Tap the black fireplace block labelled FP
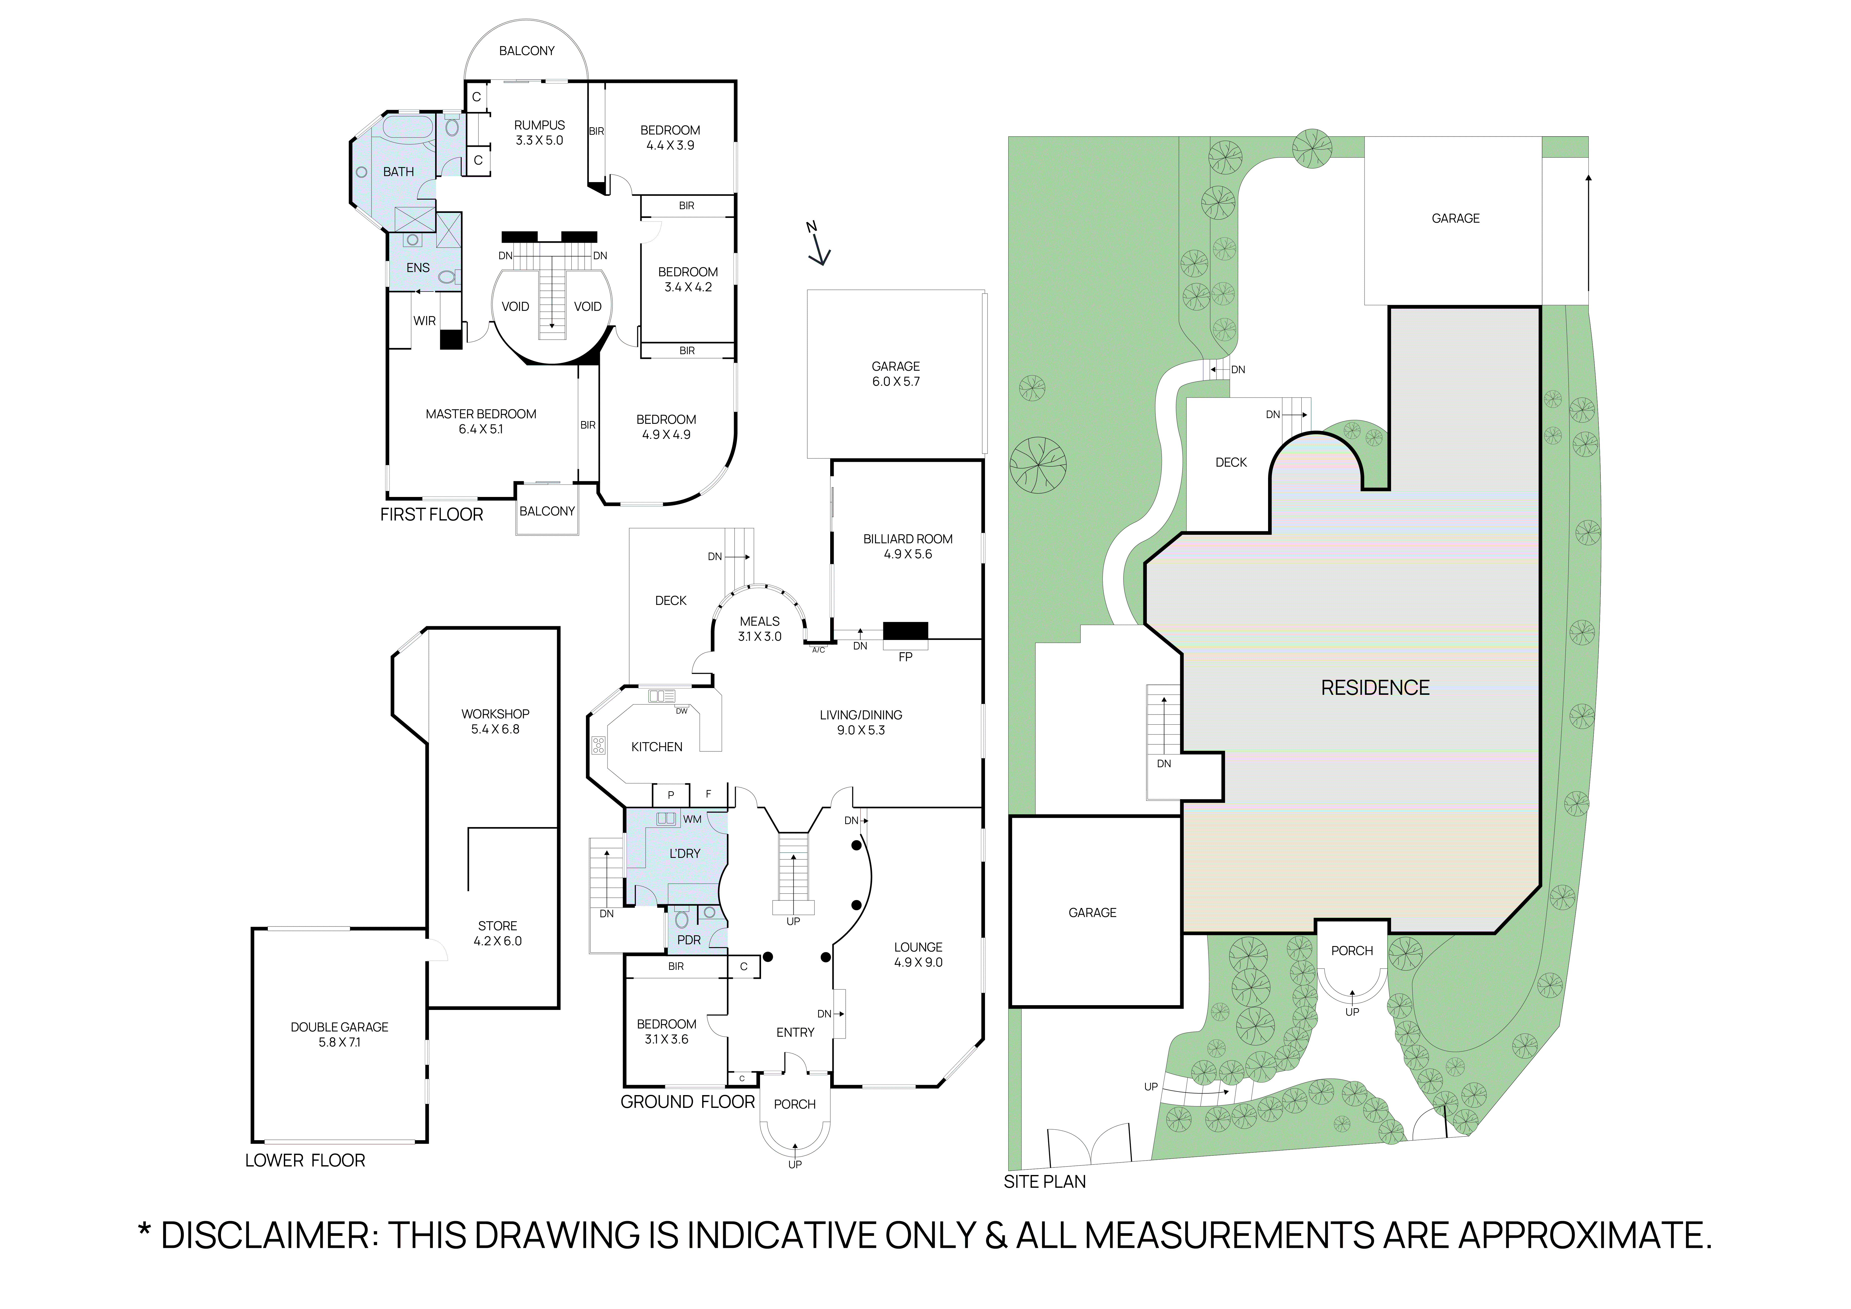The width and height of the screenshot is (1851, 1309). click(x=905, y=630)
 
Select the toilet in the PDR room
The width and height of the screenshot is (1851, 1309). click(x=682, y=919)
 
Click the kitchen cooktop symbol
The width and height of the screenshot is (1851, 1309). click(x=598, y=745)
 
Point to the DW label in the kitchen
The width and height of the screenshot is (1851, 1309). click(x=681, y=711)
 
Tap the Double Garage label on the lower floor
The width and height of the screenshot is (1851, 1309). click(x=339, y=1034)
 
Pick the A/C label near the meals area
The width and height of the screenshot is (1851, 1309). click(x=818, y=650)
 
